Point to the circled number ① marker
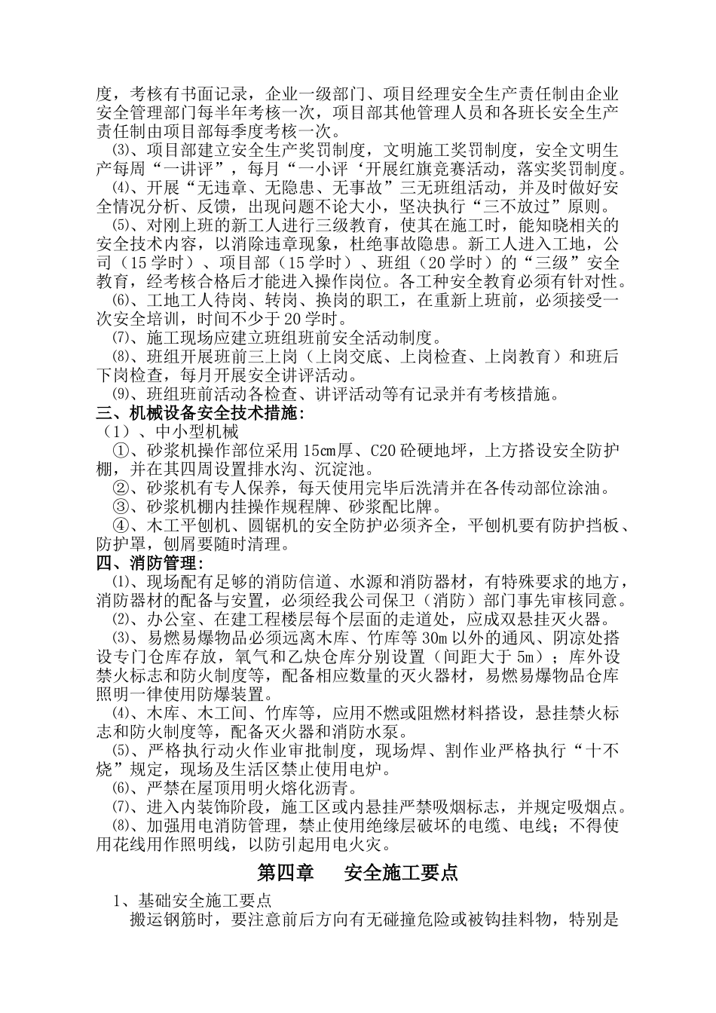[121, 451]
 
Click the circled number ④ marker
[121, 525]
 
